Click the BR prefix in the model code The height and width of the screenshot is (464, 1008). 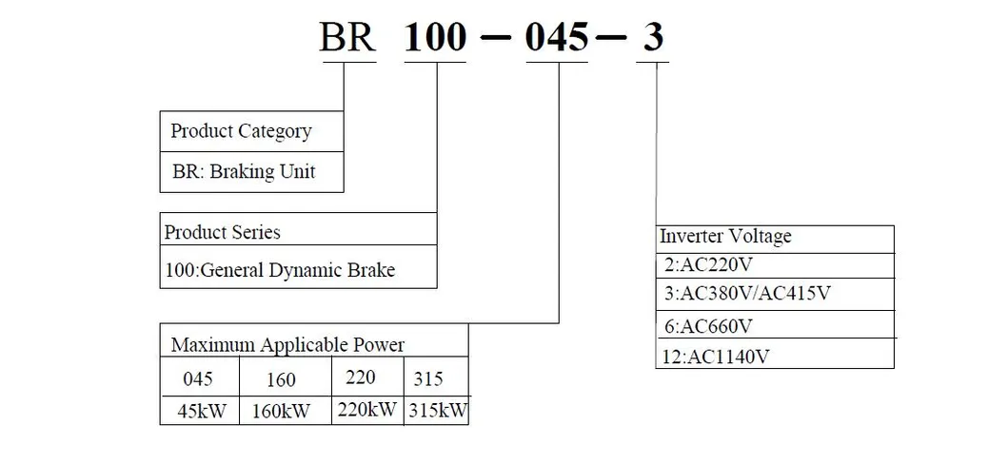click(348, 38)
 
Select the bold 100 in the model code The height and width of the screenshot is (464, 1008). click(436, 38)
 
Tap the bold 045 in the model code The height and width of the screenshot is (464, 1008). click(559, 38)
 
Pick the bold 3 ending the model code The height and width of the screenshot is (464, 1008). click(654, 38)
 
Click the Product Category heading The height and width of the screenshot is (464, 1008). click(241, 131)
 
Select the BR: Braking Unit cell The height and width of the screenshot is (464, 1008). click(243, 172)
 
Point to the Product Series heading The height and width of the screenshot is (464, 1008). click(223, 232)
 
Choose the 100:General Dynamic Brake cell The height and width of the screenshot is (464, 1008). click(280, 271)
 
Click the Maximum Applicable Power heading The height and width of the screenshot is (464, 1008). click(287, 344)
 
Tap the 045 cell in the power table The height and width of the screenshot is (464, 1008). click(197, 378)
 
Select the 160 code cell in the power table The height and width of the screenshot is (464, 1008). click(280, 379)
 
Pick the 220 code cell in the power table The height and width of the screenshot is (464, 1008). click(361, 377)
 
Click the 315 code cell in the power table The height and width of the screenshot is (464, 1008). click(429, 378)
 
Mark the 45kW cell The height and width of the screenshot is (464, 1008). click(197, 412)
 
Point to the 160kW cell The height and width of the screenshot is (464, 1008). click(282, 412)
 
